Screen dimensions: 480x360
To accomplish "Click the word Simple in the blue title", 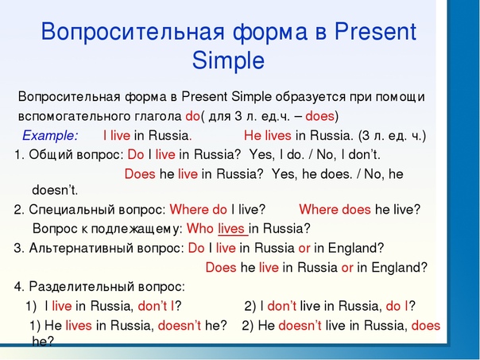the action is click(228, 60).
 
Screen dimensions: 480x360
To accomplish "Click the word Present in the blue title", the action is click(375, 31).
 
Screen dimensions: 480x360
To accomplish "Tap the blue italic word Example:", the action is click(50, 136).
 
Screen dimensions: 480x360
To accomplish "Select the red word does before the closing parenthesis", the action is click(320, 116).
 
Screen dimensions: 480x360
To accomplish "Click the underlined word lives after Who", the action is click(233, 229).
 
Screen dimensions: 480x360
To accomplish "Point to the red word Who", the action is click(200, 228).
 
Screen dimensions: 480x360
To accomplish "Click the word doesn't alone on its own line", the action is click(55, 190).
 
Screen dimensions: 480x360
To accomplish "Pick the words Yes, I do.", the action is click(276, 155).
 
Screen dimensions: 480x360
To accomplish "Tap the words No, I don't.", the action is click(349, 155).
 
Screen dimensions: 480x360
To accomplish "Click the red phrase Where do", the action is click(199, 210).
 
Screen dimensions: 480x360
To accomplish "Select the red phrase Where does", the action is click(335, 210).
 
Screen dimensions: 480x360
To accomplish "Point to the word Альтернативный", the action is click(81, 248).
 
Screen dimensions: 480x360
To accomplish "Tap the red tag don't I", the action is click(156, 306).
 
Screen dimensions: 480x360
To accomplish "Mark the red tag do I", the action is click(397, 306).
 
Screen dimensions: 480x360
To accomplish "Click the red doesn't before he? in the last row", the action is click(180, 325).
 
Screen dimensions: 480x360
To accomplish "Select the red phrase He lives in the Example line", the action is click(268, 136).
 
